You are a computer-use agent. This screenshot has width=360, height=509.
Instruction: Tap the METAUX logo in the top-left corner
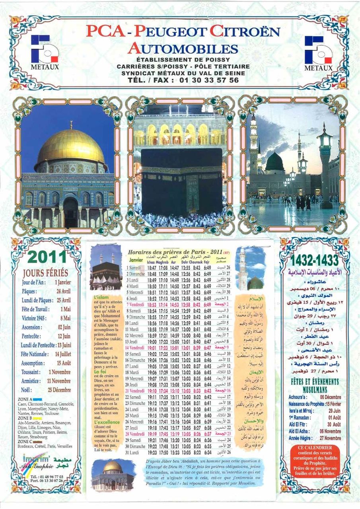[x=45, y=52]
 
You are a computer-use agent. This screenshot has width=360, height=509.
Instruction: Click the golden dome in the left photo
[x=71, y=147]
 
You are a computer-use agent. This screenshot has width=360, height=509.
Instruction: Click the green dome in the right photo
[x=274, y=162]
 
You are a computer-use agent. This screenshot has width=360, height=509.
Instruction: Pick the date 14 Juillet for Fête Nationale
[x=63, y=354]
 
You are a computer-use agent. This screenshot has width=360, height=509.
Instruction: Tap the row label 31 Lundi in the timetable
[x=134, y=453]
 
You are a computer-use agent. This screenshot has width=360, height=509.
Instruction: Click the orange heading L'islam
[x=100, y=297]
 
